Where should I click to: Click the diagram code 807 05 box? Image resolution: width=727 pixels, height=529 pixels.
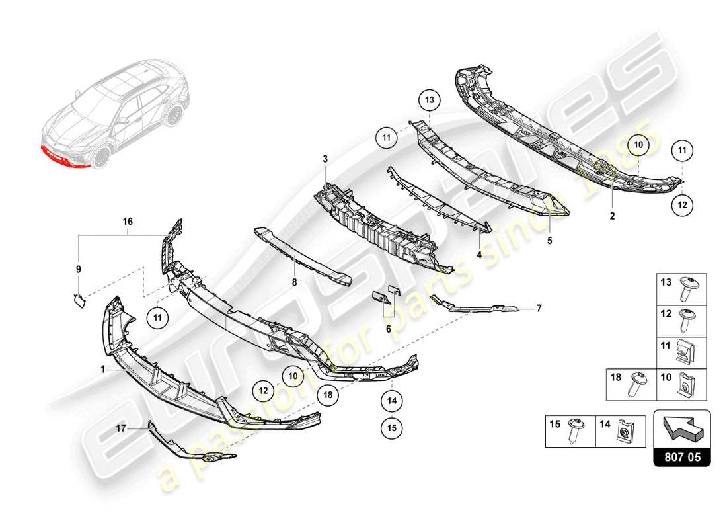[681, 456]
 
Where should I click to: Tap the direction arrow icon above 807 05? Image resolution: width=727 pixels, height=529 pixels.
[681, 427]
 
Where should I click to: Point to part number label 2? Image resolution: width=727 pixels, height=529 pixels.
[612, 216]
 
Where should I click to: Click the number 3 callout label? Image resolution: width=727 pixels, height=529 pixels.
[325, 159]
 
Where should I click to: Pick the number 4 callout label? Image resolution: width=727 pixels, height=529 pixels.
[479, 254]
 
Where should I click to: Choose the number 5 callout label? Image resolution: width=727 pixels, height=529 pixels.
[549, 242]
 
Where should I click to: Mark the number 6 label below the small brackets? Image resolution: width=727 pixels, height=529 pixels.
[295, 281]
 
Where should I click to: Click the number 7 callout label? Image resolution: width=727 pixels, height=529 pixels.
[78, 269]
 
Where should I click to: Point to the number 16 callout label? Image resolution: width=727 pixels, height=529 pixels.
[127, 224]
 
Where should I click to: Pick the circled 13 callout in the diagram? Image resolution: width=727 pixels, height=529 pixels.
[428, 101]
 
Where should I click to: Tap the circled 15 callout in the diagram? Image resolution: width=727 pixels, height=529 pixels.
[391, 428]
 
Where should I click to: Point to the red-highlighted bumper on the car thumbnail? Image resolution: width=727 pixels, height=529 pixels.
[63, 157]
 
